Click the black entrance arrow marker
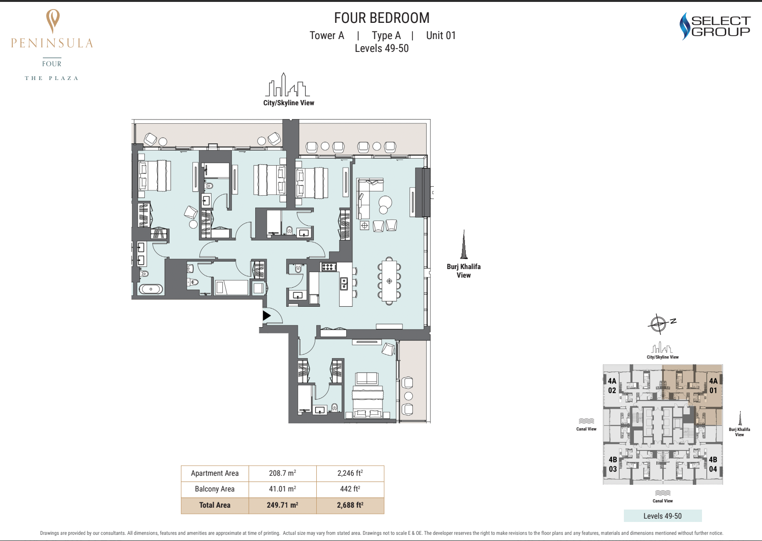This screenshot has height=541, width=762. (x=266, y=316)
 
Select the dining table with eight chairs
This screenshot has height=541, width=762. (x=389, y=281)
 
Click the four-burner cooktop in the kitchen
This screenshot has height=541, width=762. (x=328, y=267)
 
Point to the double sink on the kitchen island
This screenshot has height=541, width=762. (x=344, y=283)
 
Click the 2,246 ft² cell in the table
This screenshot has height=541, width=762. (x=350, y=473)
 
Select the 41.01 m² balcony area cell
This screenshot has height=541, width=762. (x=282, y=489)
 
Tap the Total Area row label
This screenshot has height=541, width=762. (x=215, y=505)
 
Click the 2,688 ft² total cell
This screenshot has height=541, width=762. (x=350, y=505)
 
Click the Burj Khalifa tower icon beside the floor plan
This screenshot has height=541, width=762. (x=464, y=244)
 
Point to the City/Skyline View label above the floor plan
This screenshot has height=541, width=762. (x=289, y=103)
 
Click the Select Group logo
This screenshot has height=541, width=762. (x=715, y=26)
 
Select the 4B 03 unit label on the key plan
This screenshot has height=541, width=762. (x=612, y=464)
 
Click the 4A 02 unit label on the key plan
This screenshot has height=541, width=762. (x=612, y=385)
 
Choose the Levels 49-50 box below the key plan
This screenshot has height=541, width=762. (x=662, y=516)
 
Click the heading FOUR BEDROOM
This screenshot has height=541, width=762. (x=381, y=18)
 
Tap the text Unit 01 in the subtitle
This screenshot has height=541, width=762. (x=441, y=35)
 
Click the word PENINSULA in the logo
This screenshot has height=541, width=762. (x=52, y=43)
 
